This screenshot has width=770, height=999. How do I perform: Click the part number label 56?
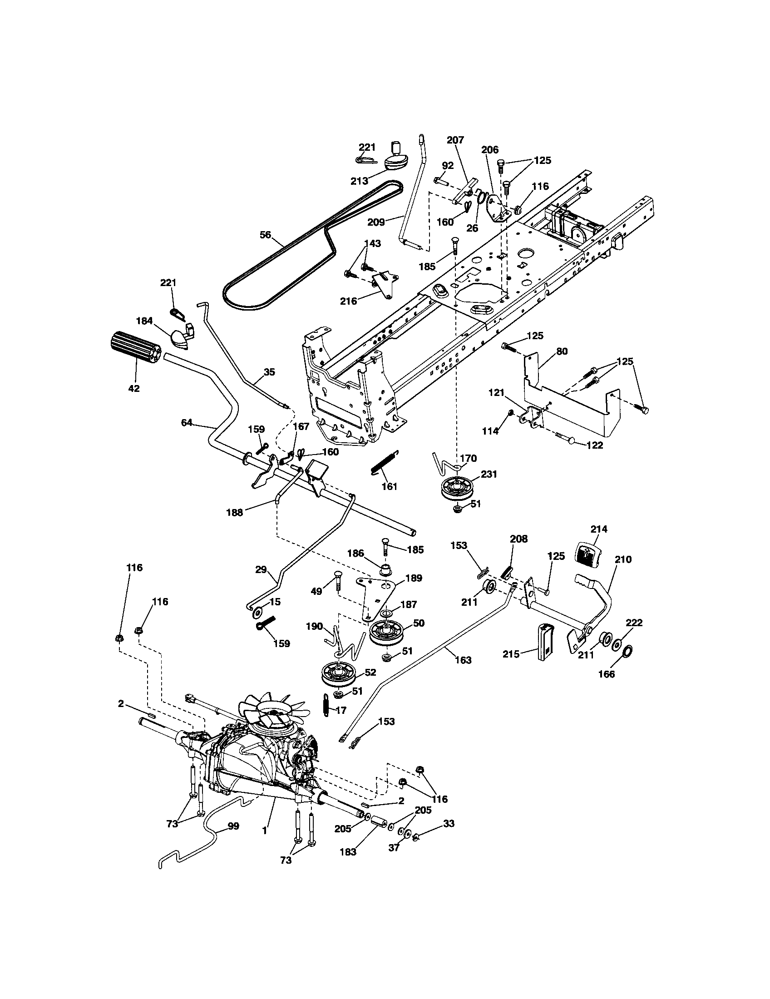click(x=265, y=235)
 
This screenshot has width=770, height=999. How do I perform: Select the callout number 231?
click(x=489, y=475)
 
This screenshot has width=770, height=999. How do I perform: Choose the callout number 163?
click(x=463, y=660)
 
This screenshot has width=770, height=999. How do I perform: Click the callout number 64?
click(x=187, y=423)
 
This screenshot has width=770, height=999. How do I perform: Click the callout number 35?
click(x=270, y=371)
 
